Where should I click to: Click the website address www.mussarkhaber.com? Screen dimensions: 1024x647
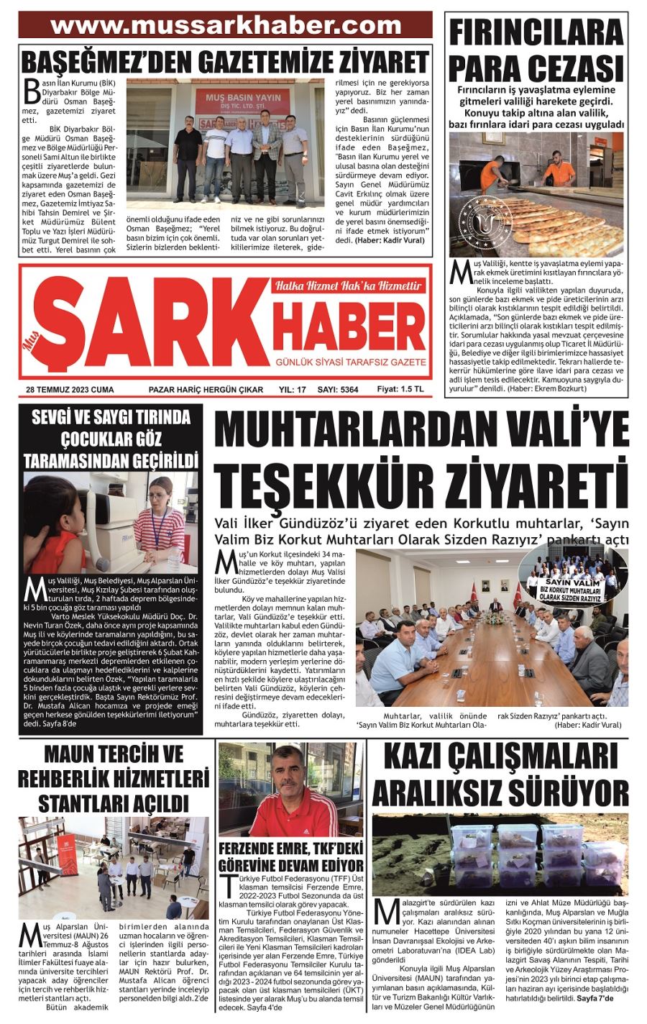pos(226,25)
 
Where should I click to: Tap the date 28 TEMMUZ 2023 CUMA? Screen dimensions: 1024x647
pos(70,390)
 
